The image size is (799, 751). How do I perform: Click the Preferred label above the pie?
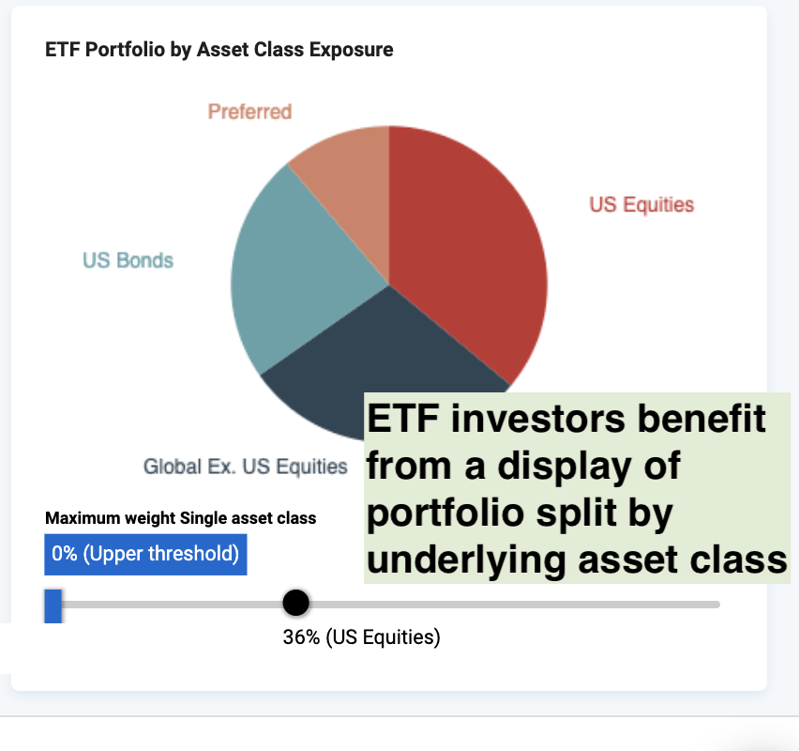click(x=249, y=112)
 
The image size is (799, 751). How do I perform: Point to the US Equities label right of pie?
click(x=641, y=205)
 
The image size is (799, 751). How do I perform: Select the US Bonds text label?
click(x=128, y=260)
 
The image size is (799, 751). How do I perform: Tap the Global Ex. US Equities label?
click(x=245, y=467)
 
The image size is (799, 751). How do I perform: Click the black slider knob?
click(x=295, y=603)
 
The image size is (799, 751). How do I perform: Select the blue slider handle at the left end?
click(x=53, y=606)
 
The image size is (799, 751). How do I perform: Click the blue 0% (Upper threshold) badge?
click(x=145, y=555)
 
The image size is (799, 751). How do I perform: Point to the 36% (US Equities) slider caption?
click(x=361, y=637)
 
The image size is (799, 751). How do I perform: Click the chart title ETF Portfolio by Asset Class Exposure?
click(x=219, y=50)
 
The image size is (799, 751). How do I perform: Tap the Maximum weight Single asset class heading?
click(x=180, y=518)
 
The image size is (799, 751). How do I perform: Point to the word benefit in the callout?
click(x=701, y=418)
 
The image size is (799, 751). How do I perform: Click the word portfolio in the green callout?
click(x=445, y=513)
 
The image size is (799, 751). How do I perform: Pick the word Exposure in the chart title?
click(x=351, y=50)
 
